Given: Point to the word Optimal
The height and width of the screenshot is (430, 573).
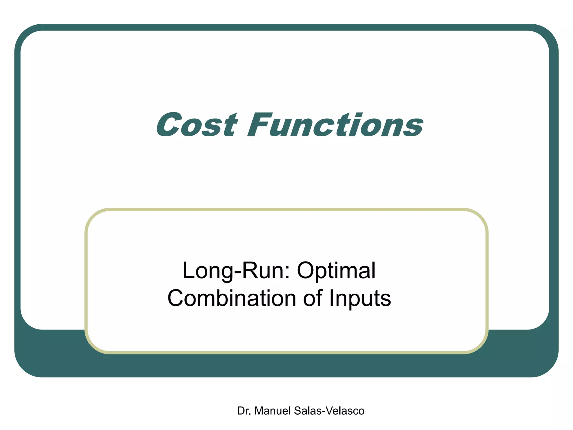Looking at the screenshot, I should coord(336,271).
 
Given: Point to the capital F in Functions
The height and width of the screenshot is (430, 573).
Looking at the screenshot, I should coord(259,125).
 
